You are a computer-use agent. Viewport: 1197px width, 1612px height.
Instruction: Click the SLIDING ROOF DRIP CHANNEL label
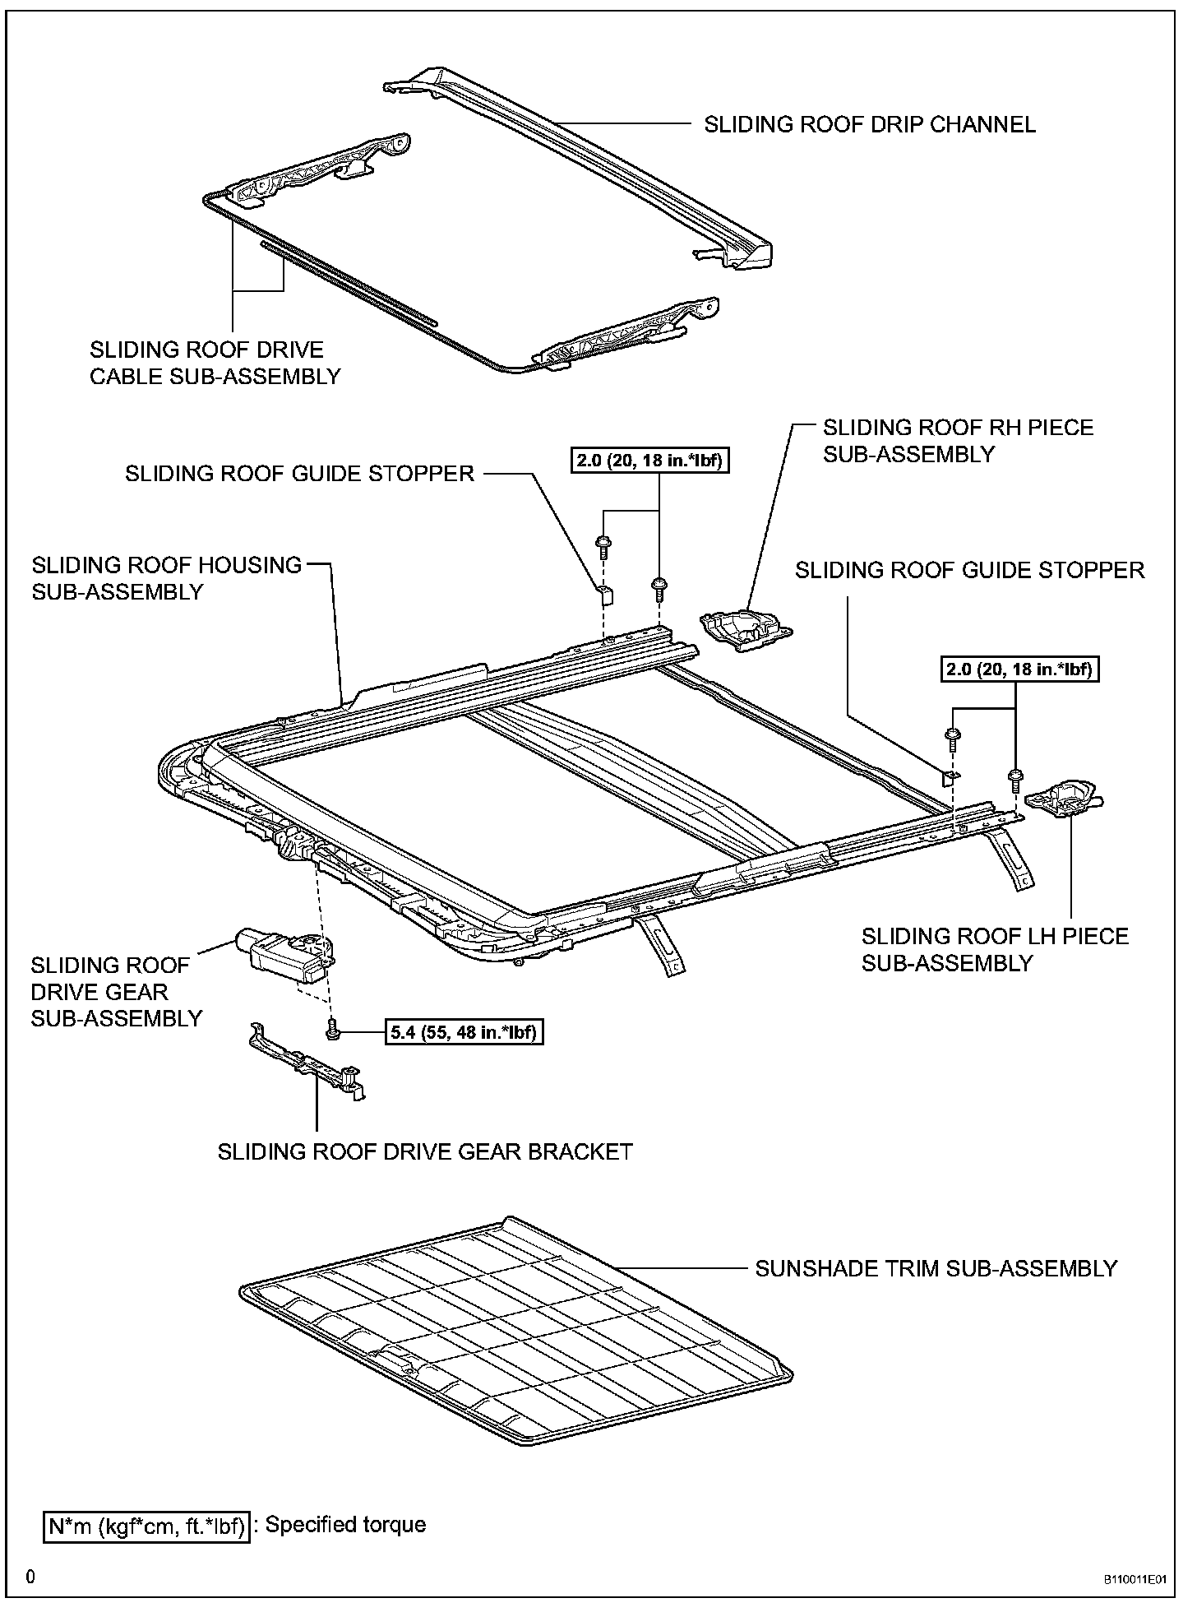point(870,125)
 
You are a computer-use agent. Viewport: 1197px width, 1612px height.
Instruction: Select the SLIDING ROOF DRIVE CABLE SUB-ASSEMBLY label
point(215,363)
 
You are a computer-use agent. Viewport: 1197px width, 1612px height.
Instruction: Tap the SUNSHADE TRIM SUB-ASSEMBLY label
point(936,1268)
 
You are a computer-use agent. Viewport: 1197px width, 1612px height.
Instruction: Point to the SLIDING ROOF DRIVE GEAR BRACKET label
point(425,1151)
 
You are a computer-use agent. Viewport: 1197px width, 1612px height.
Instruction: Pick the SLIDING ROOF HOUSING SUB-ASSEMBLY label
point(167,578)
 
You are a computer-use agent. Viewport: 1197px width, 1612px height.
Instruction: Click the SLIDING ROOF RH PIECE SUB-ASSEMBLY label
point(958,441)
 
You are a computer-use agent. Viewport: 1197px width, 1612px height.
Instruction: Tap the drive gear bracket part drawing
point(308,1062)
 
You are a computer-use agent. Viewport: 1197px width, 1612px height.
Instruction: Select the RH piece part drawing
point(744,629)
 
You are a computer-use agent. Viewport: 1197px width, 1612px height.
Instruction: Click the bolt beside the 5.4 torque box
point(333,1028)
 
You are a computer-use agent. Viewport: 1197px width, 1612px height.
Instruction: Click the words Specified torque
point(345,1526)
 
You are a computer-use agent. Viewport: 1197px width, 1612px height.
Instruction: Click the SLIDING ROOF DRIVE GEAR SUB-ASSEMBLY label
point(116,992)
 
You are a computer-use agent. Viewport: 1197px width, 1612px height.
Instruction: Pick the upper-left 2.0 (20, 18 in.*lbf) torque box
point(650,461)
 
